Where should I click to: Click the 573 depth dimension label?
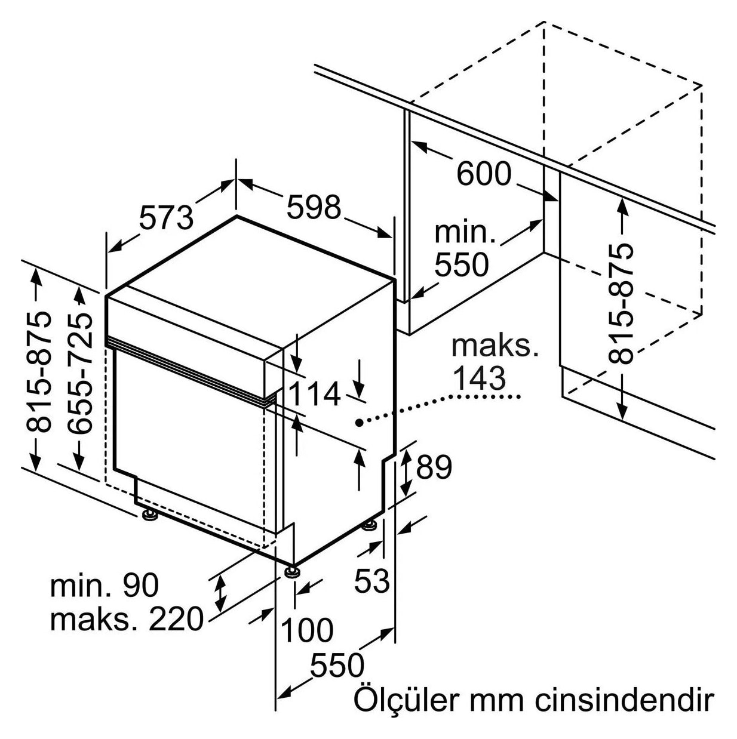tap(166, 217)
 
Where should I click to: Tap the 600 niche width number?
tap(484, 173)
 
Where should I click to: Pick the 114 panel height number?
tap(314, 394)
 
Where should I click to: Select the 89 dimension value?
tap(434, 467)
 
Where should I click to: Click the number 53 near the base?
tap(371, 581)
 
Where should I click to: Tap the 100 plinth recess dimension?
tap(307, 630)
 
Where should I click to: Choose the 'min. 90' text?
tap(105, 585)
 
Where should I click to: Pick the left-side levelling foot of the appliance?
tap(149, 515)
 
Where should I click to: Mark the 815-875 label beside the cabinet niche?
tap(621, 303)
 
